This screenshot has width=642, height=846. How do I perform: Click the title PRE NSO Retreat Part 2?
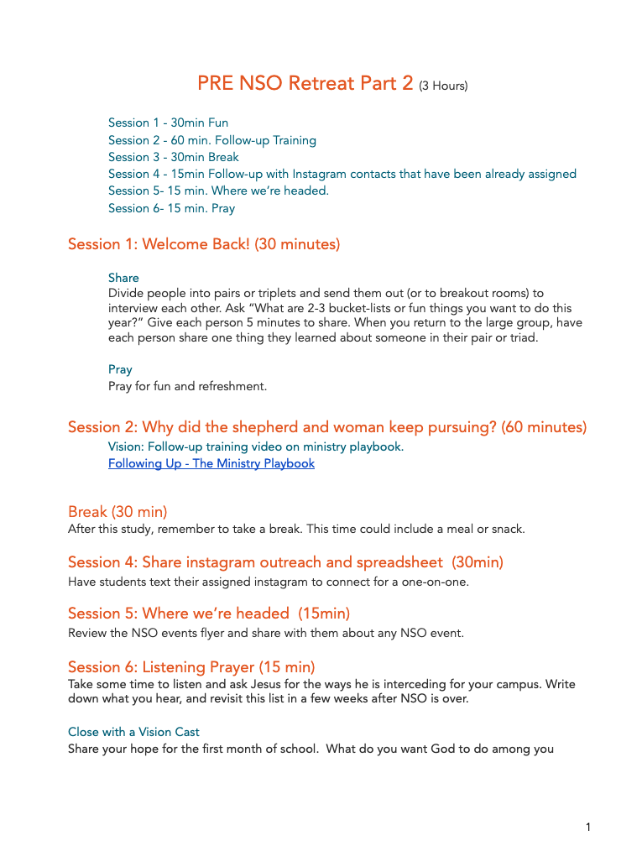pos(305,84)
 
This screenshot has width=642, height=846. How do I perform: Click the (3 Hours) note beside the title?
pos(443,86)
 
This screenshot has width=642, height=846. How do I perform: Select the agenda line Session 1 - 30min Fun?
pos(168,123)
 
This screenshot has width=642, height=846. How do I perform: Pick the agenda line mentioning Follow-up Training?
pos(212,140)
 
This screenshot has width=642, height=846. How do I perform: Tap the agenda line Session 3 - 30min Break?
pos(174,157)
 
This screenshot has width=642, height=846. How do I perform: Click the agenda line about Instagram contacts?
pos(342,174)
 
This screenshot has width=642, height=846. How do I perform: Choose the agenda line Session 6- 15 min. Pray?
pos(171,208)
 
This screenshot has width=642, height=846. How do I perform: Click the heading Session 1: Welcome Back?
pos(204,244)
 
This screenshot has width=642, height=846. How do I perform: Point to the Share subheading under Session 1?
pos(123,278)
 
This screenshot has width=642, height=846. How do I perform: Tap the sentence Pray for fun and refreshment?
pos(187,386)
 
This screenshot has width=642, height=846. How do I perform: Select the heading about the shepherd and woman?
pos(327,427)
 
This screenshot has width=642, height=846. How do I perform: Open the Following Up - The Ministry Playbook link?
pos(211,463)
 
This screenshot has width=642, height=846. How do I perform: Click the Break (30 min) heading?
pos(117,512)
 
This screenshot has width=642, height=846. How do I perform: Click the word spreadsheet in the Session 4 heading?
pos(399,562)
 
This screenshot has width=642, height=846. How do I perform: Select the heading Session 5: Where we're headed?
pos(209,614)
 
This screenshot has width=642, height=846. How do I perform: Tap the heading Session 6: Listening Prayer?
pos(191,667)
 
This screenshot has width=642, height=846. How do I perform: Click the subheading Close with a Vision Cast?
pos(133,732)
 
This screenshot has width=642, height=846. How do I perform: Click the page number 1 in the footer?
pos(588,828)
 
